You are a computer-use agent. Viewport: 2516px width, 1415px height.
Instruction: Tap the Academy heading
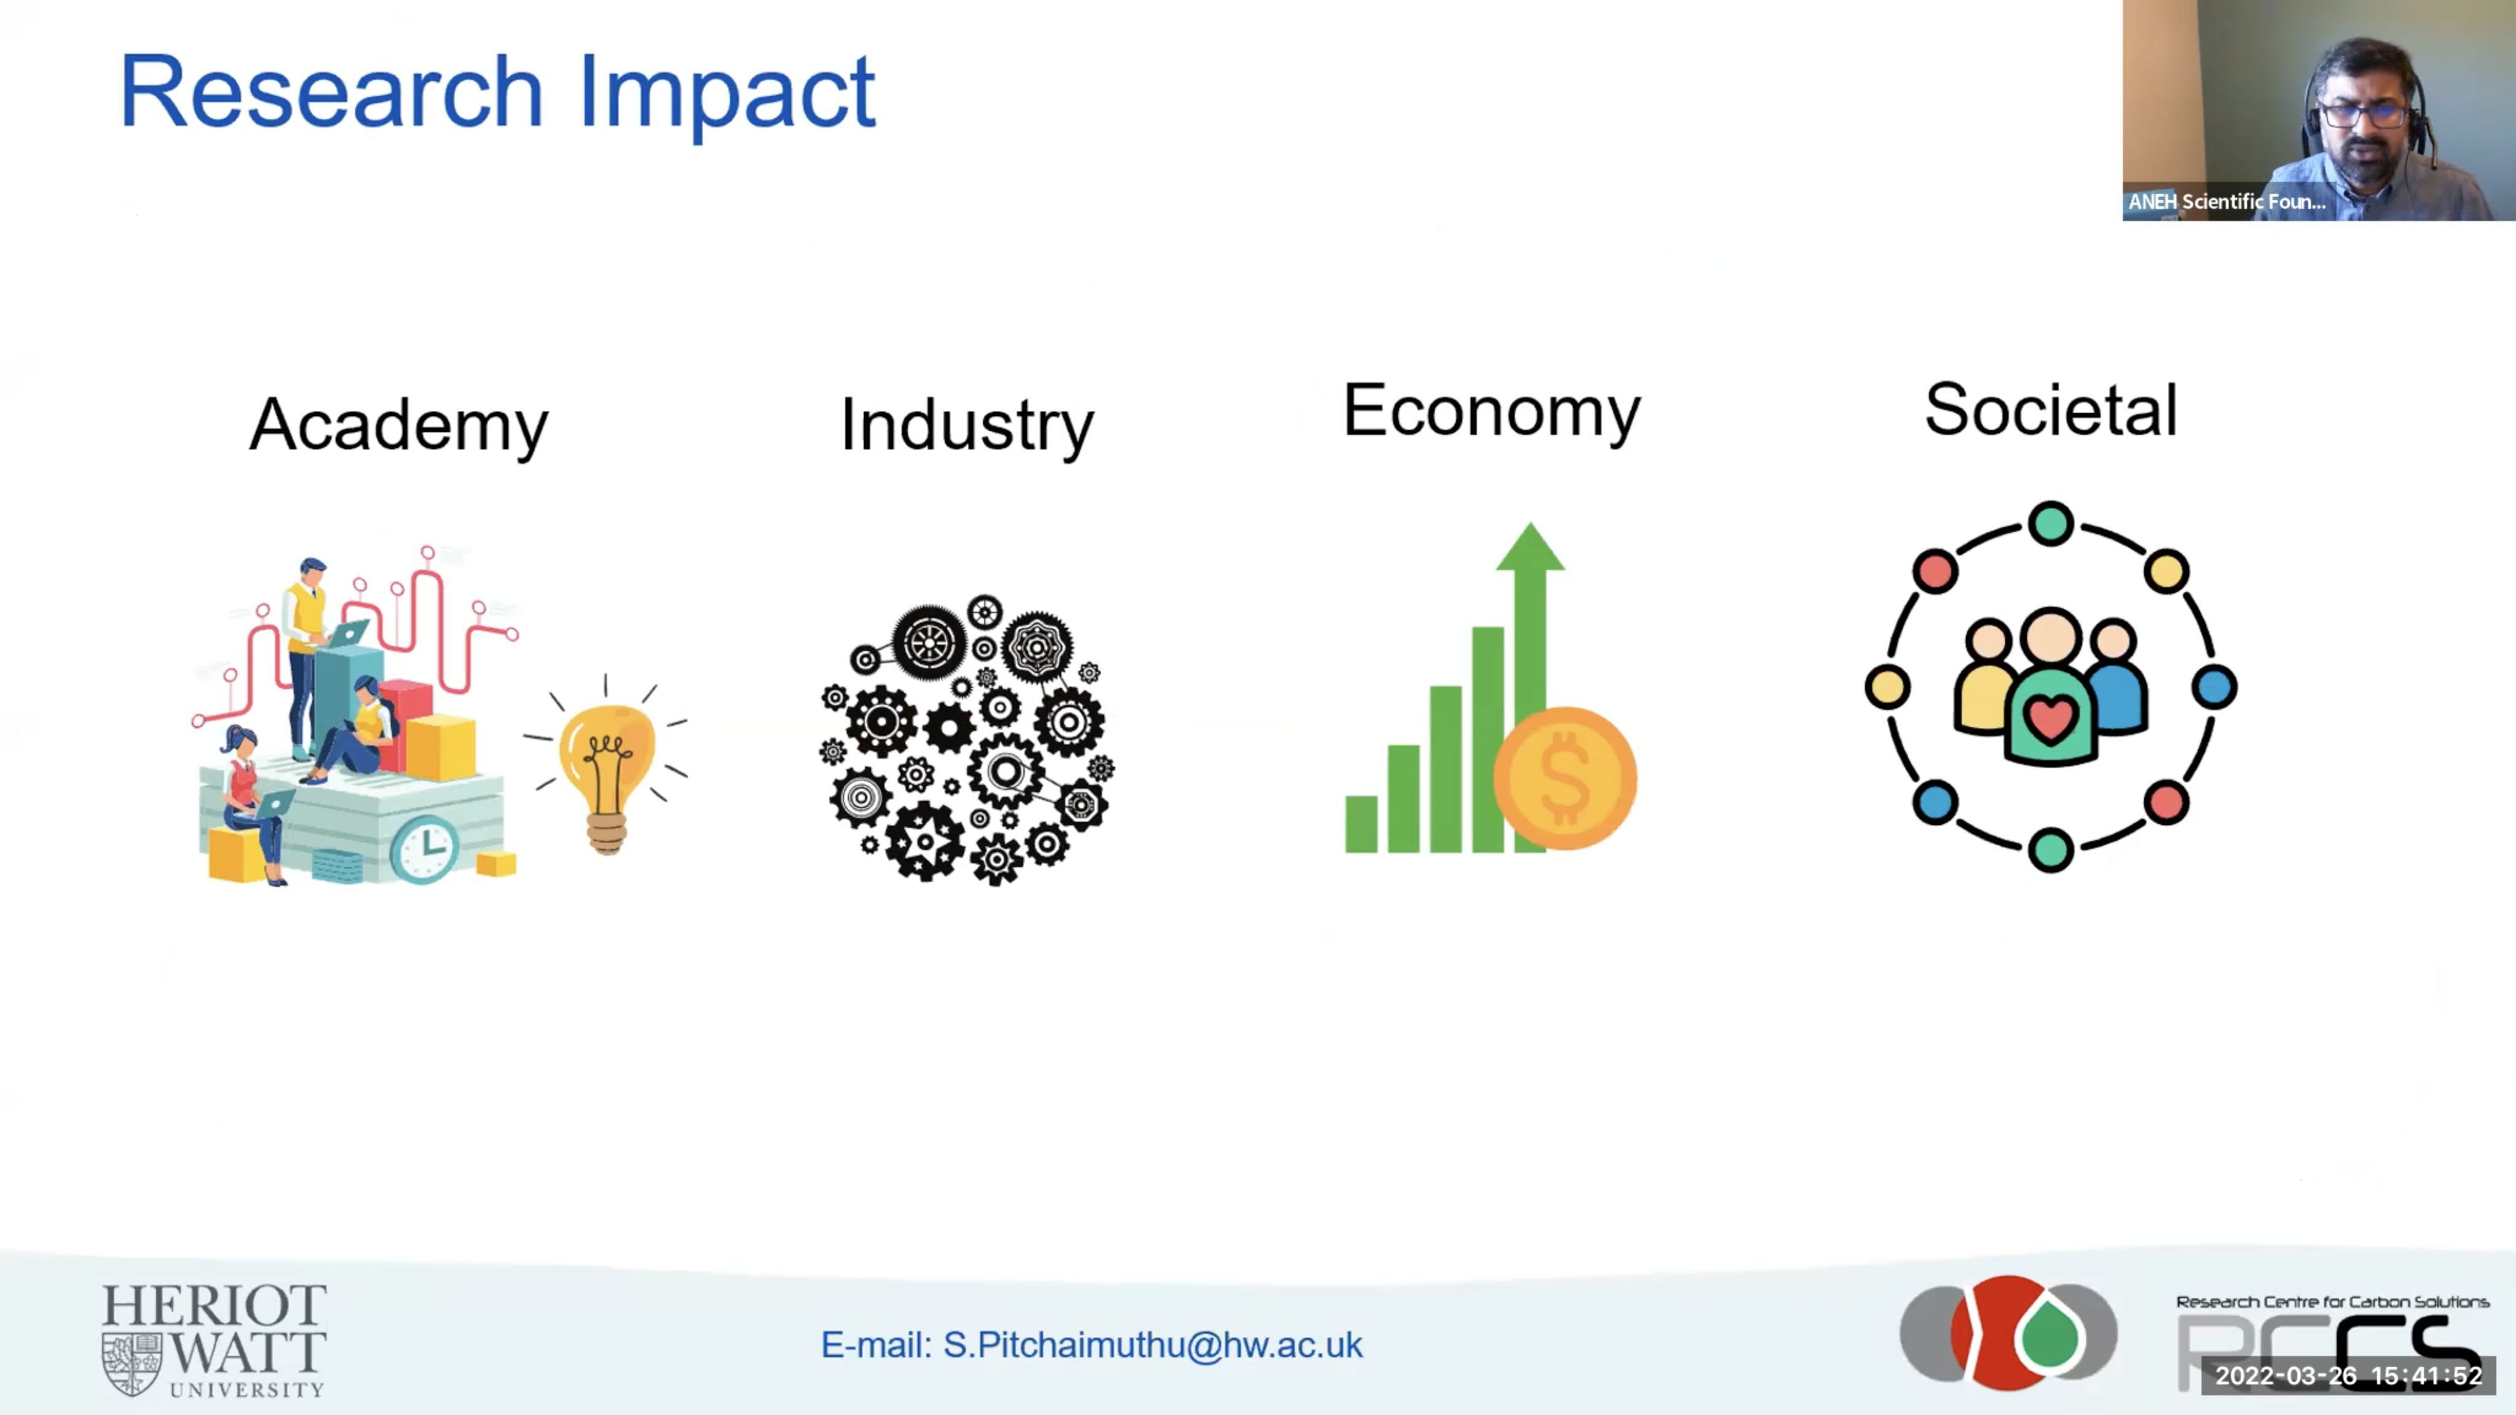(399, 426)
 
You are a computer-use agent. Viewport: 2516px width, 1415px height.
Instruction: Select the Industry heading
(967, 426)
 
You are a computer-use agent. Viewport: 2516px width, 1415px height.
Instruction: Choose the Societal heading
(2051, 410)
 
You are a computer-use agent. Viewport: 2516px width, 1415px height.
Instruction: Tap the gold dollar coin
(1566, 778)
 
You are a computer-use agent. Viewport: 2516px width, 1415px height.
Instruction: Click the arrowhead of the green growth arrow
(1531, 547)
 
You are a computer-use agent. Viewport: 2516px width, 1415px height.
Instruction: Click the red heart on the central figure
(2050, 719)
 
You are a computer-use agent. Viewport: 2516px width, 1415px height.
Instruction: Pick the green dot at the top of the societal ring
(2051, 523)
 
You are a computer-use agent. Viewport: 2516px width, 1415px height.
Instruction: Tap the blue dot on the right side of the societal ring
(2214, 687)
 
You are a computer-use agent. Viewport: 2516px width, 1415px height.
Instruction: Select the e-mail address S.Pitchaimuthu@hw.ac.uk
(1152, 1346)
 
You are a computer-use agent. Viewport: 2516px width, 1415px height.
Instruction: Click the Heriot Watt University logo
(214, 1341)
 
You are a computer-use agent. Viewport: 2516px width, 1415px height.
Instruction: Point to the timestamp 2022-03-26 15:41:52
(2348, 1376)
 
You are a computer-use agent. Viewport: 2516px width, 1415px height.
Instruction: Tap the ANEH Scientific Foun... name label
(2227, 202)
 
